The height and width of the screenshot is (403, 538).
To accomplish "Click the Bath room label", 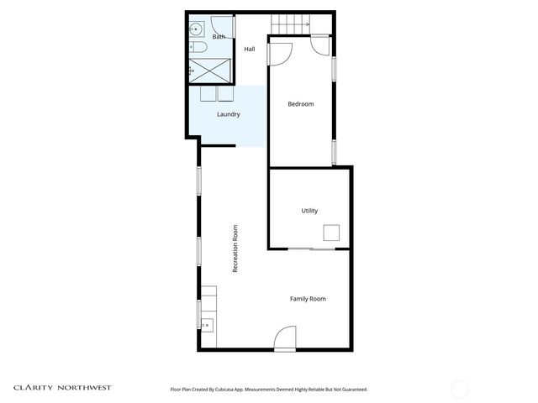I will pos(219,37).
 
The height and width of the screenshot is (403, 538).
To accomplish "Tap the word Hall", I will pos(250,50).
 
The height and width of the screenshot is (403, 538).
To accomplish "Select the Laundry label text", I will pos(229,114).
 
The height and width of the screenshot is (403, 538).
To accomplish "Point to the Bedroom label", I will pos(300,104).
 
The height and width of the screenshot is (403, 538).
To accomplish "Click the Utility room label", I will pos(309,211).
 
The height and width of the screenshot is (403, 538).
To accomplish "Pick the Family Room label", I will pos(308,299).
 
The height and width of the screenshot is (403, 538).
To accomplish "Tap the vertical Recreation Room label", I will pos(235,249).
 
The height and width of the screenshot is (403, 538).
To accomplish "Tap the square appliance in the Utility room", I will pos(332,233).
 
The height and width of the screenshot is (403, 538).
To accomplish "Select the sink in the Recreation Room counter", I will pos(207,324).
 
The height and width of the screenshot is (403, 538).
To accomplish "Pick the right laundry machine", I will pos(228,94).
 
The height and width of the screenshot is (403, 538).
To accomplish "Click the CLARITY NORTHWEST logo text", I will pos(62,388).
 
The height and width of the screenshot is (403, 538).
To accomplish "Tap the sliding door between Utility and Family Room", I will pos(311,249).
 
